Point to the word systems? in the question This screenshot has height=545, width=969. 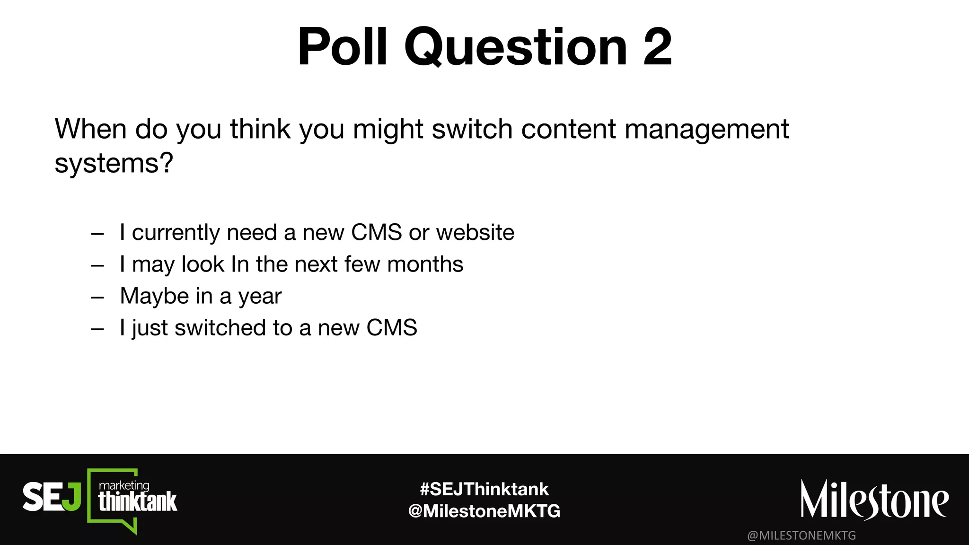114,164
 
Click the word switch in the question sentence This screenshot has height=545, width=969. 472,129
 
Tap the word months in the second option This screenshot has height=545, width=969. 425,264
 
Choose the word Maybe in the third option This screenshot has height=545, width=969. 154,297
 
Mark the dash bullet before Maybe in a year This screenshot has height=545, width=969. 97,298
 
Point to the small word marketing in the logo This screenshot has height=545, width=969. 124,485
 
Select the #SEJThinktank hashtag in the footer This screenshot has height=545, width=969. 484,489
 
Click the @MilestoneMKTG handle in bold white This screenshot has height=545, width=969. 484,511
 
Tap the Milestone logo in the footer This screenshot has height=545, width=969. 874,501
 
